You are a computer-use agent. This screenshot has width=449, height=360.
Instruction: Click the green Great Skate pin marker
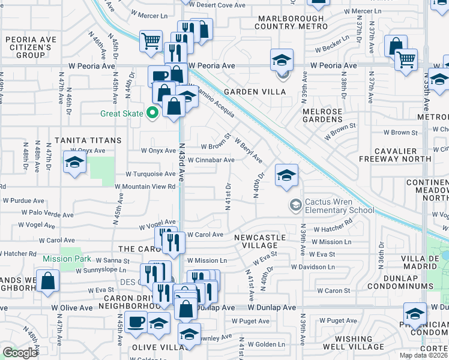(153, 112)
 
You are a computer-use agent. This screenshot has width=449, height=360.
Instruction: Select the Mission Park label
(67, 259)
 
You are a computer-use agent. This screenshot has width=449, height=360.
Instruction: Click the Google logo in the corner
(20, 352)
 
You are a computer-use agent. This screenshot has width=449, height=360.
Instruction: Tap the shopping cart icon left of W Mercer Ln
(151, 41)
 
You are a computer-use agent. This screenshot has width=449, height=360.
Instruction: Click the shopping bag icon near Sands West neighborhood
(47, 281)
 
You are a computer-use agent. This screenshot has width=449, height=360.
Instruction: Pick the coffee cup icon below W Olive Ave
(136, 322)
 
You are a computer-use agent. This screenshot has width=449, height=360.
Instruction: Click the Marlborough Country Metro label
(292, 22)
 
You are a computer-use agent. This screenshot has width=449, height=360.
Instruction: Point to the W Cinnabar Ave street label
(211, 160)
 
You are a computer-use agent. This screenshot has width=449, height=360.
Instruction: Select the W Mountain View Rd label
(145, 187)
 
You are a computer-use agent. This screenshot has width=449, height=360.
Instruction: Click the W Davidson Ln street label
(313, 266)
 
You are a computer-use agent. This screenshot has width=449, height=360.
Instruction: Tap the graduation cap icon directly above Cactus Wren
(286, 176)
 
